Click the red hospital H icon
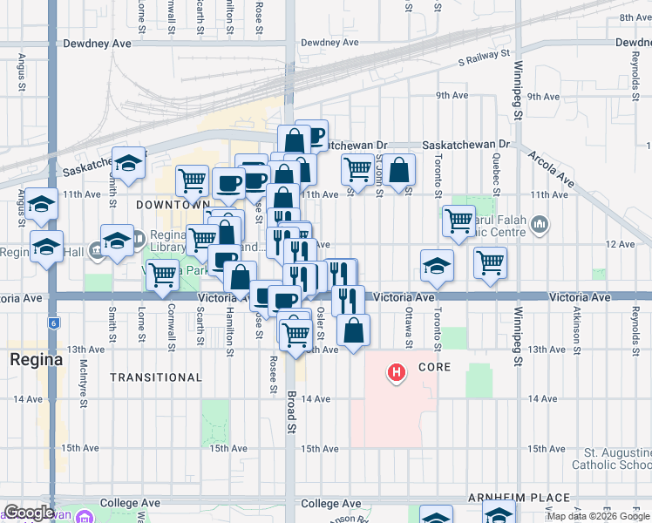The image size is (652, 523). [x=397, y=374]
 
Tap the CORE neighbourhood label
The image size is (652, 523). [x=434, y=367]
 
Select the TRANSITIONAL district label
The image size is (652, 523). [x=156, y=377]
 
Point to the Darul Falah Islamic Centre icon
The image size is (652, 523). [x=540, y=225]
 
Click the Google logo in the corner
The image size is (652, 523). [x=28, y=513]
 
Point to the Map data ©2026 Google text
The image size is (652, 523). [x=597, y=516]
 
